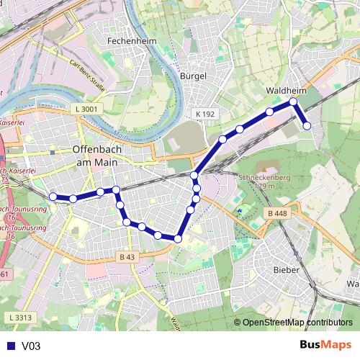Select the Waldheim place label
pyautogui.click(x=286, y=91)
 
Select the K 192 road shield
pyautogui.click(x=205, y=114)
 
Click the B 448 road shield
pyautogui.click(x=276, y=212)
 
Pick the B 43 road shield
pyautogui.click(x=127, y=257)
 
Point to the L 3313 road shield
pyautogui.click(x=22, y=318)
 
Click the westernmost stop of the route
pyautogui.click(x=53, y=196)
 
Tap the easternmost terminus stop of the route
pyautogui.click(x=307, y=126)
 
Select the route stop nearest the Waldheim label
pyautogui.click(x=293, y=102)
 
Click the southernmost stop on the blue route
pyautogui.click(x=178, y=238)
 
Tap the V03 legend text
pyautogui.click(x=31, y=346)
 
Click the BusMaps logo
pyautogui.click(x=325, y=345)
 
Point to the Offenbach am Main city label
pyautogui.click(x=99, y=156)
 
